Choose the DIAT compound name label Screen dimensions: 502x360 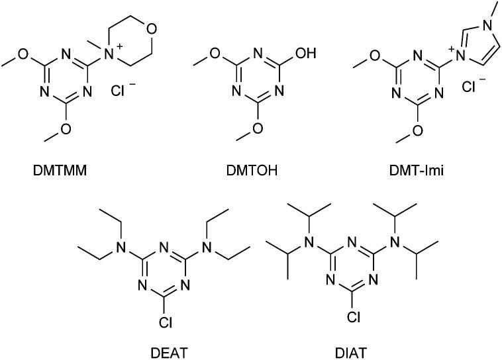[x=345, y=347]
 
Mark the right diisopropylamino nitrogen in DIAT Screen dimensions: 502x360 [x=395, y=249]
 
